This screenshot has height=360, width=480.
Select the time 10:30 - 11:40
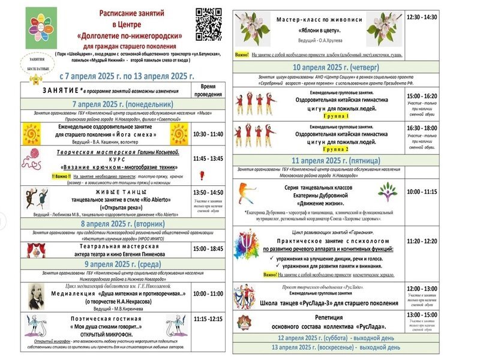pyautogui.click(x=208, y=134)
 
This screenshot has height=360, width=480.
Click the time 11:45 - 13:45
pyautogui.click(x=208, y=158)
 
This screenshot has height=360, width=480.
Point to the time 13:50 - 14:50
pyautogui.click(x=208, y=191)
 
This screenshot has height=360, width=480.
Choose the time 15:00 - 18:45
pyautogui.click(x=208, y=248)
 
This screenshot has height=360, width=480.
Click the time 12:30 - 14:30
pyautogui.click(x=422, y=17)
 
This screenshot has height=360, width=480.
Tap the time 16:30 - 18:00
pyautogui.click(x=422, y=128)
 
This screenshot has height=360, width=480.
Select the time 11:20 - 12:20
pyautogui.click(x=422, y=241)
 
